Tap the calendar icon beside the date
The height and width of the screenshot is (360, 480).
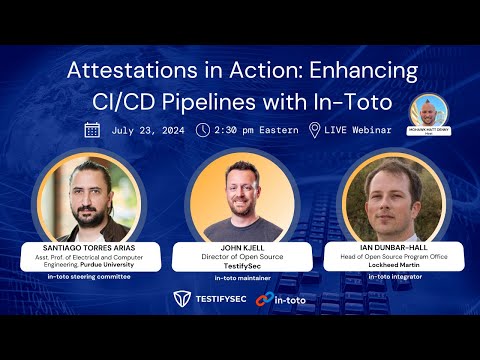pos(92,130)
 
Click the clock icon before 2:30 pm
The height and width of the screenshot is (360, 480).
pos(203,130)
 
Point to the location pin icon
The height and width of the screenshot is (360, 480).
pos(315,130)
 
